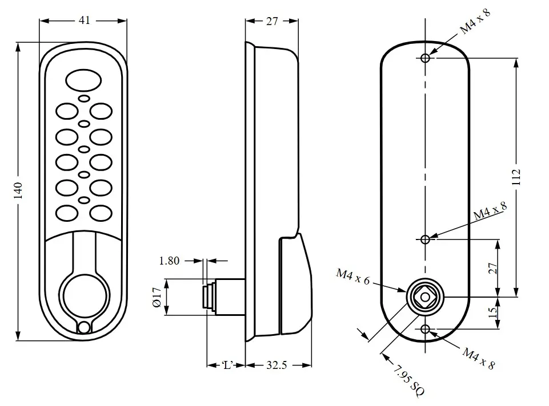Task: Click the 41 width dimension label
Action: click(84, 21)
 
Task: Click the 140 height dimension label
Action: click(18, 190)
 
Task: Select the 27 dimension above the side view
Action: click(272, 21)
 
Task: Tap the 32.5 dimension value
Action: click(276, 366)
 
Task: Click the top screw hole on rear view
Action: click(425, 58)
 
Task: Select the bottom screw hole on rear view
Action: click(425, 329)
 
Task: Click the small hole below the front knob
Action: click(84, 327)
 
